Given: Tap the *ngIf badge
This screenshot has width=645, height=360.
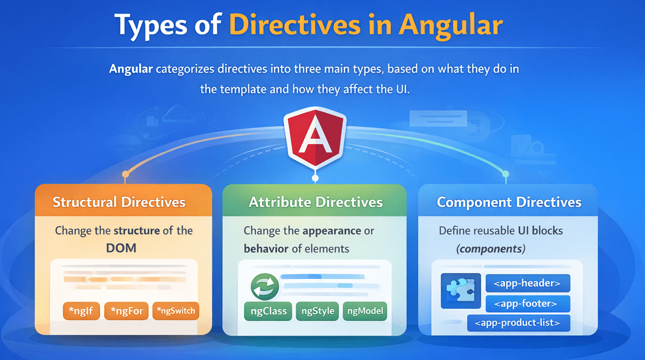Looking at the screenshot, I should pos(81,311).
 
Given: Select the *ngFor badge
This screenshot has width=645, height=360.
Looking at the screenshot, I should pos(126,311).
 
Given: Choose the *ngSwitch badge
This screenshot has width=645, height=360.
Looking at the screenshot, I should pos(176,311).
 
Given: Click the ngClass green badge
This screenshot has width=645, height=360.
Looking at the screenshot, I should pos(268,311).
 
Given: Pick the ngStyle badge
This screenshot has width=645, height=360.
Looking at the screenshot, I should pos(317,311).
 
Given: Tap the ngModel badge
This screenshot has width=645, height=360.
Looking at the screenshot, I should pos(365,311).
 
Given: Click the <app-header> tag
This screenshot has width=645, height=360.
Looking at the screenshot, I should pos(527,283).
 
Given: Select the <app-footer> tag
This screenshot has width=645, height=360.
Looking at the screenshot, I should pos(528,303).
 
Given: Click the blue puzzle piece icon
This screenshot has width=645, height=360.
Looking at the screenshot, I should pos(460,291).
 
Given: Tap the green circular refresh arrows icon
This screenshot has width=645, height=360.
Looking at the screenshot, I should pos(265,286).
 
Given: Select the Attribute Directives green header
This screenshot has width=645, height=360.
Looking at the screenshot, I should pos(315,202).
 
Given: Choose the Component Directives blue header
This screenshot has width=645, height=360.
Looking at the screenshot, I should pos(509,202).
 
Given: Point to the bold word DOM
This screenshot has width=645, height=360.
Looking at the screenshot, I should pos(122,248).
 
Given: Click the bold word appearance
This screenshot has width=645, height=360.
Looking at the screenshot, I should pos(331,231).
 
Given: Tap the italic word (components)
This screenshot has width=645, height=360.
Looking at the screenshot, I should pos(491,249).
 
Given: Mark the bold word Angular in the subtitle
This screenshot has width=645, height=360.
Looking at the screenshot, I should pos(130,70).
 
